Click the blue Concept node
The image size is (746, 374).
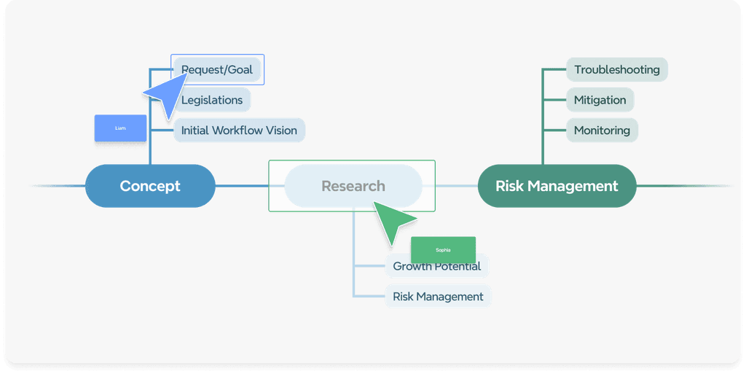[150, 186]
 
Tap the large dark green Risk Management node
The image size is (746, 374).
[557, 186]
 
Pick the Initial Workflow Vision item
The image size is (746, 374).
[239, 130]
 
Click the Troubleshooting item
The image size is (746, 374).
[616, 70]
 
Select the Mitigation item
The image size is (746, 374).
[600, 100]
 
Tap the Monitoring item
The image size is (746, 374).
[602, 130]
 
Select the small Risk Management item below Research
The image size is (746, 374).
[438, 297]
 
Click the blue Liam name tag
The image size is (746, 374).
[120, 128]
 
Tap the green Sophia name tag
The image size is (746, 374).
[443, 250]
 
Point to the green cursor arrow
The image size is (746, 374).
[393, 221]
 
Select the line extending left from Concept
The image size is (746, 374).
[58, 186]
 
